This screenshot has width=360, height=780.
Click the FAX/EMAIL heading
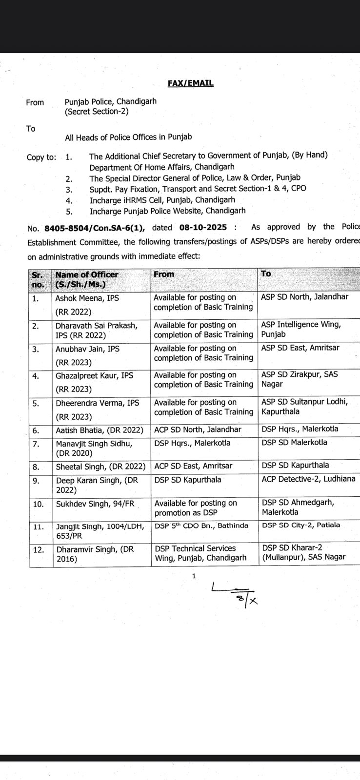pos(190,83)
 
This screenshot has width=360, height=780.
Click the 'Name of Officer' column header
pos(87,274)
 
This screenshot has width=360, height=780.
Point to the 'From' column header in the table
pos(164,274)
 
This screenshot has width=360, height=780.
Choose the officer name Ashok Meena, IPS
pos(87,297)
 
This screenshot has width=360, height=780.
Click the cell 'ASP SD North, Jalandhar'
pos(304,296)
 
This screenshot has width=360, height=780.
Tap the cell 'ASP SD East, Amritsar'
pos(300,348)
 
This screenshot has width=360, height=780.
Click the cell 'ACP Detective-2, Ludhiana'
pos(308,479)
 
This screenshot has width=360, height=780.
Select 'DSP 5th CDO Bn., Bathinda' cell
pos(201,526)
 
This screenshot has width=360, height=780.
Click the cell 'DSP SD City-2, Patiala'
pos(301,525)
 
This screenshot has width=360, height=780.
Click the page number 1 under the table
pos(194,576)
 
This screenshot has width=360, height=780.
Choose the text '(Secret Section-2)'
pos(97,112)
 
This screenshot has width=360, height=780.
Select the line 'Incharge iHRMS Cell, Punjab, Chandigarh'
pos(162,200)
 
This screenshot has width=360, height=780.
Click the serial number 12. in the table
pos(38,549)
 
